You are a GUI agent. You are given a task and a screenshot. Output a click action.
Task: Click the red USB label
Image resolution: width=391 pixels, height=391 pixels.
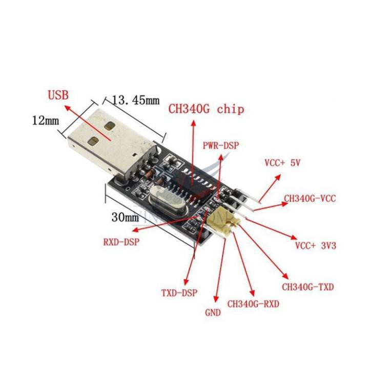tap(58, 95)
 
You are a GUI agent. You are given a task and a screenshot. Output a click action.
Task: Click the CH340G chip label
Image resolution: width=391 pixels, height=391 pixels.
tap(207, 109)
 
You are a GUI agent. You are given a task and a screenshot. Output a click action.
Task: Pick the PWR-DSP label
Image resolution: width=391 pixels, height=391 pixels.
tap(221, 146)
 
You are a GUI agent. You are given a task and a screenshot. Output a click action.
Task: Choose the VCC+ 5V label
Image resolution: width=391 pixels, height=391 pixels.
tap(282, 163)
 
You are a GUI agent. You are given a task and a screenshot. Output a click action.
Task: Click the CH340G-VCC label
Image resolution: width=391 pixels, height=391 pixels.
tap(310, 198)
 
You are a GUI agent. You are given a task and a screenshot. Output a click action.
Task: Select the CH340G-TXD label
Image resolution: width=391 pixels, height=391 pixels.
tap(307, 287)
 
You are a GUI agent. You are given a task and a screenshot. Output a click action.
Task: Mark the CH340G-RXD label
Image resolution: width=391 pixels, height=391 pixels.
tap(253, 304)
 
